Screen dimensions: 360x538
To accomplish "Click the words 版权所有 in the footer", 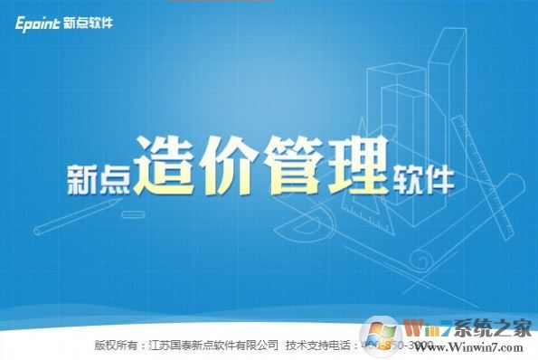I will tap(117, 345).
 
